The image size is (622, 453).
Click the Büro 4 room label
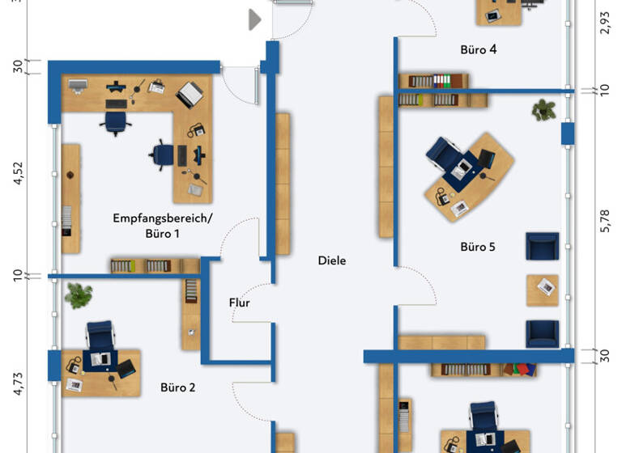(x=478, y=49)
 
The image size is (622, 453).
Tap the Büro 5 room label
(x=478, y=247)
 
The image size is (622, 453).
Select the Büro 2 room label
(x=177, y=387)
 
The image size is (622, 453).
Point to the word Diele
(x=332, y=260)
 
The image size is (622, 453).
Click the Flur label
(x=239, y=303)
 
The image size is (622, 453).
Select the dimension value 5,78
(x=604, y=221)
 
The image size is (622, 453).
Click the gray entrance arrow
(x=254, y=19)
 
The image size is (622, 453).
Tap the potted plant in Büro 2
(x=79, y=295)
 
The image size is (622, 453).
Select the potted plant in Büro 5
(x=543, y=109)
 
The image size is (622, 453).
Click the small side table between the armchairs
(x=542, y=289)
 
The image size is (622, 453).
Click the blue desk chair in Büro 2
(x=100, y=334)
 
